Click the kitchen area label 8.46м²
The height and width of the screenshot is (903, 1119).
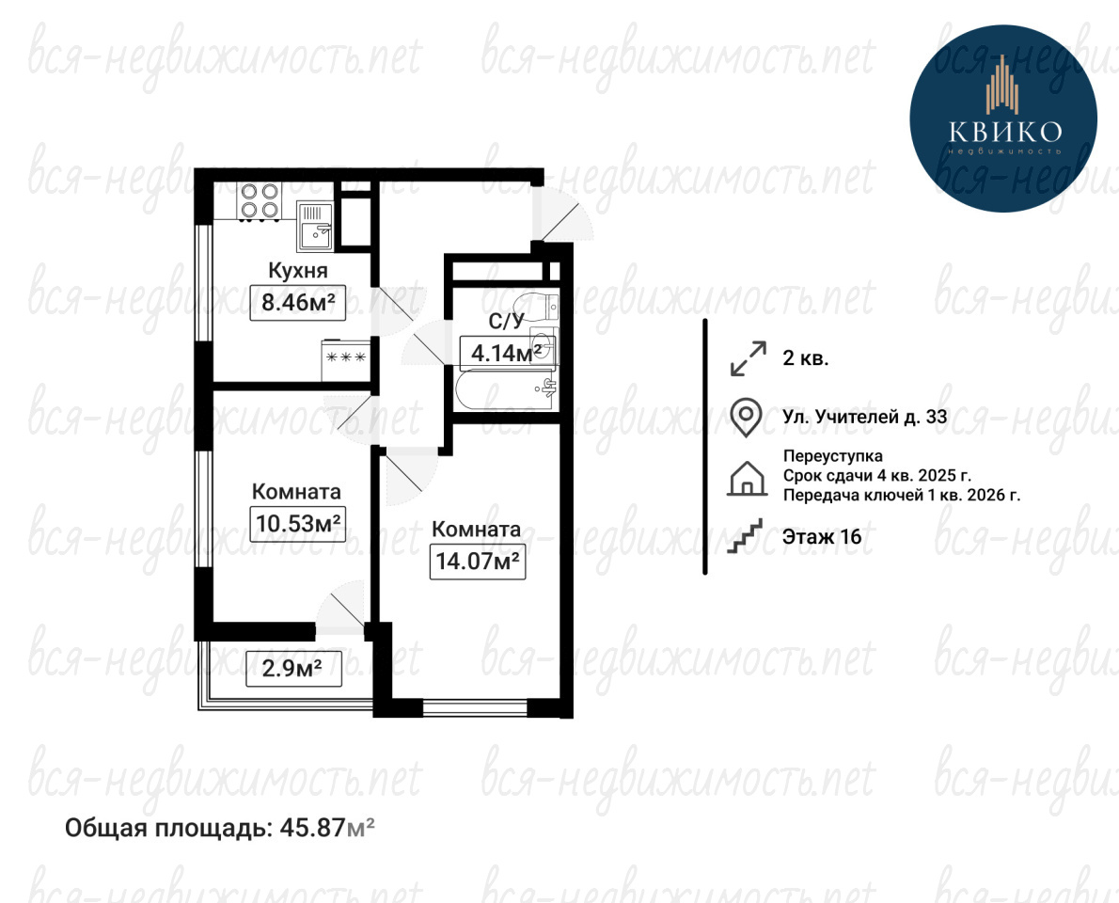(297, 303)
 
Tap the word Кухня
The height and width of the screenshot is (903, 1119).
(297, 271)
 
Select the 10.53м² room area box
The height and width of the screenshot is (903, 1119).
(298, 524)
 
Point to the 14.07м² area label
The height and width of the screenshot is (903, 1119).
(478, 561)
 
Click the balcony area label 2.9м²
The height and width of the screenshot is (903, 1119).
(293, 669)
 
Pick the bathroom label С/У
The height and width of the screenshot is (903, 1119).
(506, 322)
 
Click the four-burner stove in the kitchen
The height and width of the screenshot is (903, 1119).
(259, 200)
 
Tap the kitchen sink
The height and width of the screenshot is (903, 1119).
(315, 225)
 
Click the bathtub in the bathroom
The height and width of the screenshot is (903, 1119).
(505, 388)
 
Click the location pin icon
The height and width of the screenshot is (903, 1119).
(746, 418)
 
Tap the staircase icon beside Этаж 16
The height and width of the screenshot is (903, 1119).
(745, 535)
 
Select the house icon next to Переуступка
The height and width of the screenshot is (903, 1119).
(747, 478)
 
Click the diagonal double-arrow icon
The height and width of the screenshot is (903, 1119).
(748, 358)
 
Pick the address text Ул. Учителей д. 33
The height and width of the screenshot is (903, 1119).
(865, 417)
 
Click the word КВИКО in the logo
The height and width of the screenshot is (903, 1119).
(1005, 132)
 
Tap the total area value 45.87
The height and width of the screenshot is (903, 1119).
(312, 828)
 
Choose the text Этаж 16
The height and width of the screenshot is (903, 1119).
(822, 537)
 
